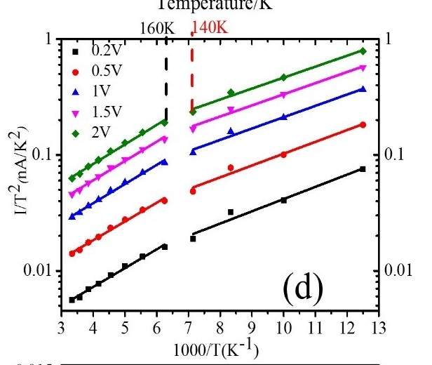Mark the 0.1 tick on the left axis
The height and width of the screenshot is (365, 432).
pyautogui.click(x=43, y=154)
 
